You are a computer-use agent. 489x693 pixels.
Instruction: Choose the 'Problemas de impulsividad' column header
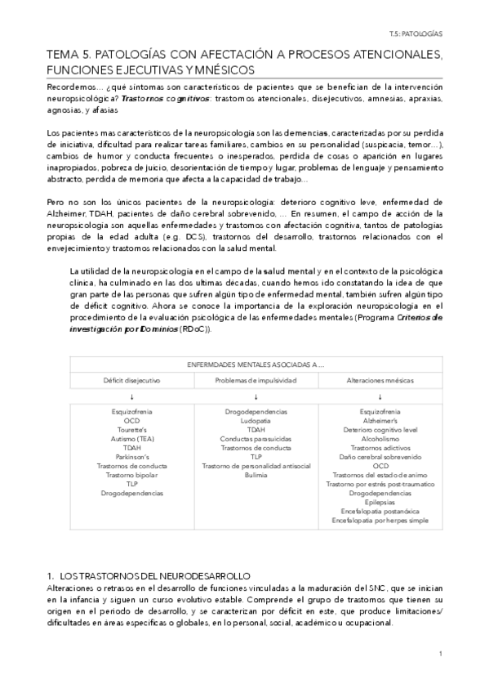(255, 380)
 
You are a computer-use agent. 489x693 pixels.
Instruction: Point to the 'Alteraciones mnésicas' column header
(380, 380)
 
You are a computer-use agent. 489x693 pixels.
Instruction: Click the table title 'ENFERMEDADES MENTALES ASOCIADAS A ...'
(256, 365)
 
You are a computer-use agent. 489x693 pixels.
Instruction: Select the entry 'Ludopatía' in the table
(256, 420)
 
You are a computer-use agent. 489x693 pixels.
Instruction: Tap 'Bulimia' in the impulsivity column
(256, 475)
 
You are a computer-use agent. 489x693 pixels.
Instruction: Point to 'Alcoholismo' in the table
(380, 438)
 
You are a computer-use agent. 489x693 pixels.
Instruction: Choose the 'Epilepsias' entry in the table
(380, 502)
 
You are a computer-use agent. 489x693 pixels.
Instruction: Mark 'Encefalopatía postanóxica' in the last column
(380, 511)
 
